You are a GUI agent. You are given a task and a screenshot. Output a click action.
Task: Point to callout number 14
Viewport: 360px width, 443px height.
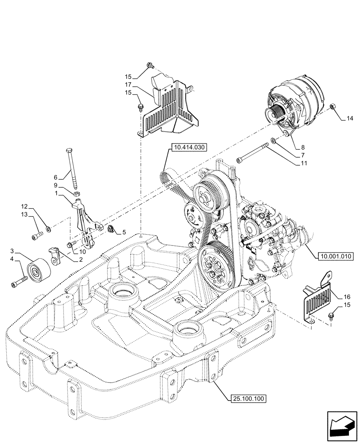350,118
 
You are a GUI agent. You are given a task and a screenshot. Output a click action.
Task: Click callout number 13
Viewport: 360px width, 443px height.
24,214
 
